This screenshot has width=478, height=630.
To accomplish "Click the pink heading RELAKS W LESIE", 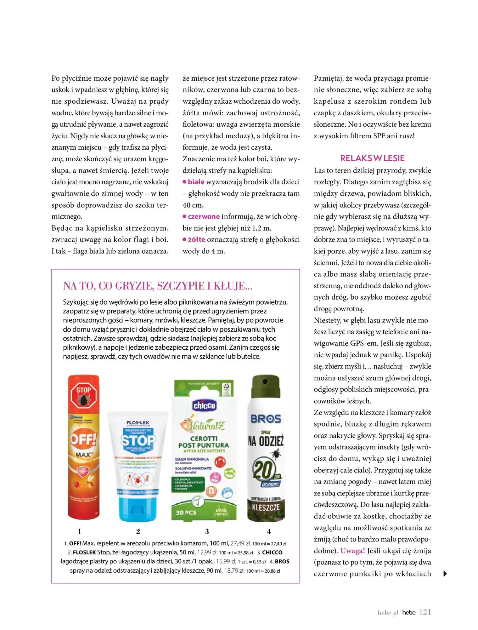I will pos(372,158).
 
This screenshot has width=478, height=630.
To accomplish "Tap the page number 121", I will pos(425,612).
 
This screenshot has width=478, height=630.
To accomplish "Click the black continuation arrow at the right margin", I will pos(445,574).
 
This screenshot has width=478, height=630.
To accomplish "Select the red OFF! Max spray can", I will pos(84,447).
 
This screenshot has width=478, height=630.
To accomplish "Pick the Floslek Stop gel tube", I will pos(138,466).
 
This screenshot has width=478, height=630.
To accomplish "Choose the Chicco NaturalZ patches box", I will pos(204,450).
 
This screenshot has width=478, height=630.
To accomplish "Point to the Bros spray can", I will pos(266,447).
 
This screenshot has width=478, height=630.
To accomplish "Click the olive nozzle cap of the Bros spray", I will pos(266,386).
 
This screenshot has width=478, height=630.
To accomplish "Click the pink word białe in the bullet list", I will pos(196,182).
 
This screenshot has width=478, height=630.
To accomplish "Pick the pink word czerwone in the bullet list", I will pos(204,216).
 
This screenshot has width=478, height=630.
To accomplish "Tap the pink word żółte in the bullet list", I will pos(196,239).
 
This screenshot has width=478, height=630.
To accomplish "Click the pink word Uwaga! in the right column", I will pos(353,551).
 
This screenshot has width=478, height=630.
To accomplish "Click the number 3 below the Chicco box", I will pos(207,531).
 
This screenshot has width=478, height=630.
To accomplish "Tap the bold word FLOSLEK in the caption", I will pos(84,552).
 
